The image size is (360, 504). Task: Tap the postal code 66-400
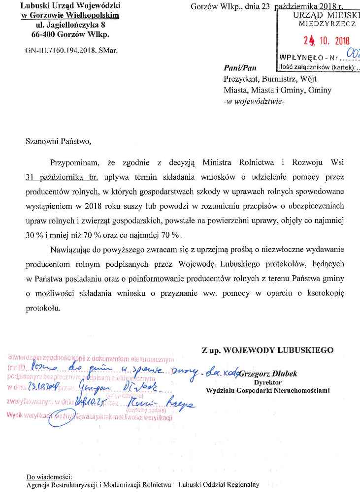43,34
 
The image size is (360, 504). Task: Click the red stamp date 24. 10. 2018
326,41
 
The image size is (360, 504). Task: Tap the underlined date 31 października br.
62,177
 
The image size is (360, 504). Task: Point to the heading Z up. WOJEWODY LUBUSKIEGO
267,350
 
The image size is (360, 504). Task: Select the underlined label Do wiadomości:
49,477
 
